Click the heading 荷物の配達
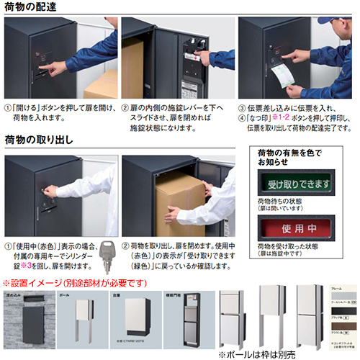click(33, 7)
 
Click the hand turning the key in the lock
click(50, 193)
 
